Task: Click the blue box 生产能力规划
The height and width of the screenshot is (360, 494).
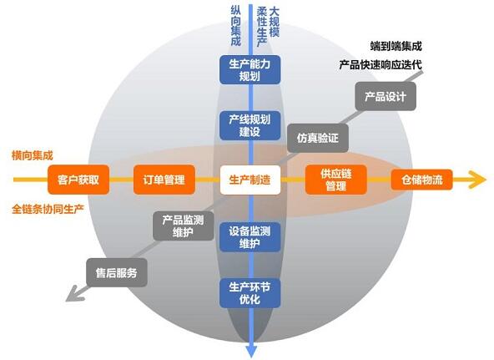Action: (x=250, y=70)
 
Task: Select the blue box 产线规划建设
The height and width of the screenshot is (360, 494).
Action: (x=250, y=125)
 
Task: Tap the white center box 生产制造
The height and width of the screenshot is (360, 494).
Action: (x=250, y=180)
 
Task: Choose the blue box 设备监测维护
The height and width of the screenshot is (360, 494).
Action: (x=250, y=237)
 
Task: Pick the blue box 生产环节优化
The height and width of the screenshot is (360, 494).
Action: (x=250, y=293)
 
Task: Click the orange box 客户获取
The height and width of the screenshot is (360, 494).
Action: (x=78, y=180)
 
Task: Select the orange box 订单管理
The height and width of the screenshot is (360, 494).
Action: (x=164, y=180)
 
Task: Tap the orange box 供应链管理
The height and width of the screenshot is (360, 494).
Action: (x=335, y=180)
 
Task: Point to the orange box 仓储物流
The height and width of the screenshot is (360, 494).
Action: (x=421, y=180)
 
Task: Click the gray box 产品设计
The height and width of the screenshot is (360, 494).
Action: (x=386, y=96)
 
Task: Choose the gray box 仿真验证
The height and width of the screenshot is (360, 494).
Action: (x=318, y=138)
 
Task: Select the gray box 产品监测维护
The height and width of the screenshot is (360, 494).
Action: (x=184, y=226)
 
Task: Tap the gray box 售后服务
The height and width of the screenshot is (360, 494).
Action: (x=117, y=272)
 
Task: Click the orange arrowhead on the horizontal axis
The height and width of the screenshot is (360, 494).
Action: (x=478, y=180)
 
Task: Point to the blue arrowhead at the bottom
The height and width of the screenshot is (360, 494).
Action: (x=251, y=352)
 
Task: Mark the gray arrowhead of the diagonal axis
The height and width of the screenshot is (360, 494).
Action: (x=73, y=295)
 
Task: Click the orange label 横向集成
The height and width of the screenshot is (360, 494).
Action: (x=33, y=155)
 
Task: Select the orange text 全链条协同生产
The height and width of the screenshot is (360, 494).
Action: (x=48, y=209)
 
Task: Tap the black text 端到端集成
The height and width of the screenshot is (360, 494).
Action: (x=396, y=46)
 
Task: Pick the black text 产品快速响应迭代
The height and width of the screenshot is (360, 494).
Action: (x=381, y=65)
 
